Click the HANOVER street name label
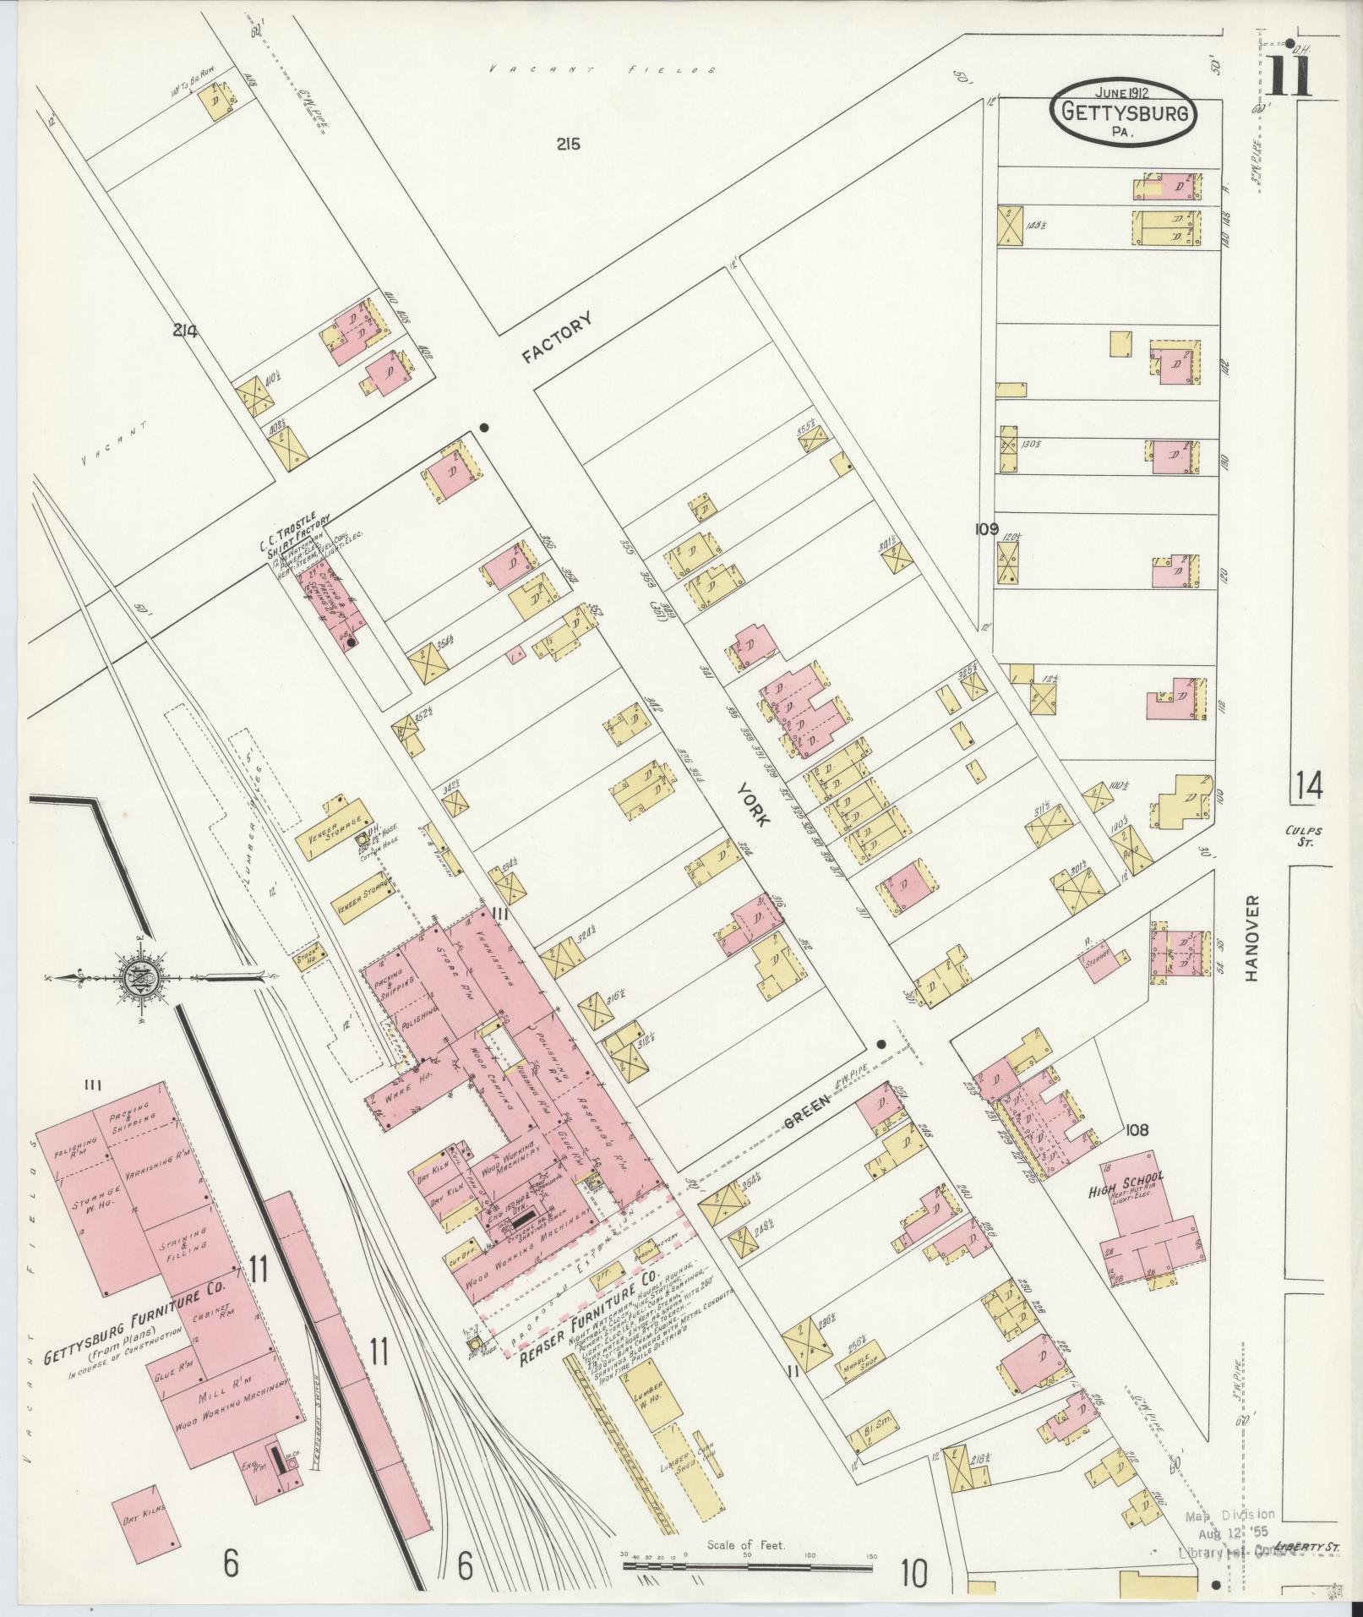(1251, 938)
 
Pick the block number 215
(568, 145)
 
